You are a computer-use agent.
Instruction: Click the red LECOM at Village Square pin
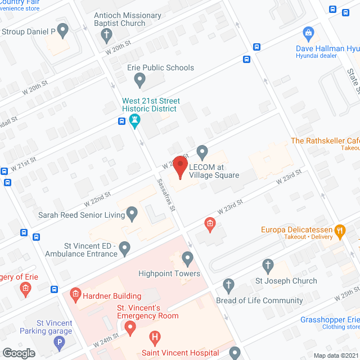179,166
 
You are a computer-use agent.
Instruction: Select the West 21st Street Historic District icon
134,120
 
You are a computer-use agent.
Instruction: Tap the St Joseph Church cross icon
268,265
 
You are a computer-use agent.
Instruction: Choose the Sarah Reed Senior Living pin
132,213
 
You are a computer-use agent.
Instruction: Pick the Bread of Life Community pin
228,285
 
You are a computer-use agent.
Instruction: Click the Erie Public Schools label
160,67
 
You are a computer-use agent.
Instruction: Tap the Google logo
18,353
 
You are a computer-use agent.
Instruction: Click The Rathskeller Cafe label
325,141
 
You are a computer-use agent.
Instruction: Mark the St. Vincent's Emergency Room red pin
130,327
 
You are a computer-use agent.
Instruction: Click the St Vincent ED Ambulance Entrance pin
125,247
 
